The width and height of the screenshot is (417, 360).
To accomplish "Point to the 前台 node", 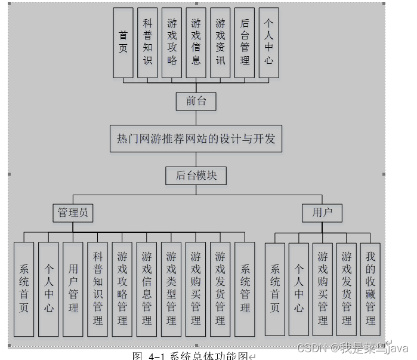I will pos(196,101).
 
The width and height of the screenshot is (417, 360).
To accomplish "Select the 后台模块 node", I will pos(196,176).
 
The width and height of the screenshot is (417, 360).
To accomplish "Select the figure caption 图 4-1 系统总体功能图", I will pos(193,356).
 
